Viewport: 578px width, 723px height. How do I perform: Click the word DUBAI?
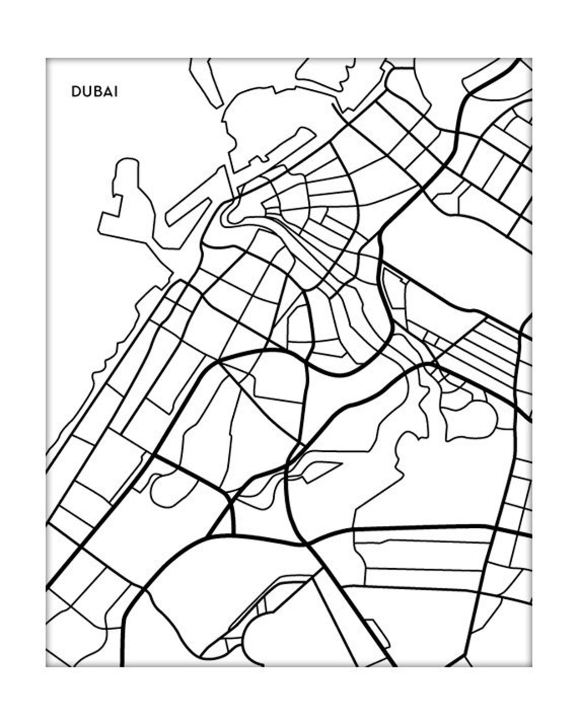94,92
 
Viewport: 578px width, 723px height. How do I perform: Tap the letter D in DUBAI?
76,92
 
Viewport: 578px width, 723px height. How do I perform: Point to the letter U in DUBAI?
86,92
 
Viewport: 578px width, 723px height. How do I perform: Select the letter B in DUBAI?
96,92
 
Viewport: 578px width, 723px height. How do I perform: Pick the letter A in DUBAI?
106,92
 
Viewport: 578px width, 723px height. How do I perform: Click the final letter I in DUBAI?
116,92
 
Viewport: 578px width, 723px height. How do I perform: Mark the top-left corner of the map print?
47,59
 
